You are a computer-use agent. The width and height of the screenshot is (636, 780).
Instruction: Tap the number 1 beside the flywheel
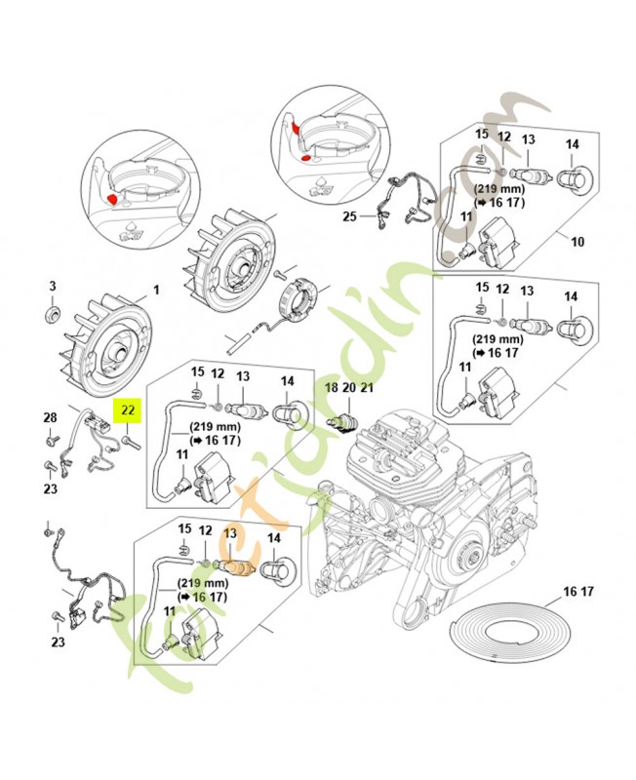point(153,291)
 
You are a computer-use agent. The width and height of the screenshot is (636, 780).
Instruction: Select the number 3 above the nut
point(55,286)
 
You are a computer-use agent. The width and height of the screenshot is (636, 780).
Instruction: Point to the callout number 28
point(50,418)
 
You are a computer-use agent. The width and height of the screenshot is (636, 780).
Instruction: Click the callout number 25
point(349,217)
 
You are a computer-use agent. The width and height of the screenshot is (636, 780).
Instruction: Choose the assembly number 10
point(576,241)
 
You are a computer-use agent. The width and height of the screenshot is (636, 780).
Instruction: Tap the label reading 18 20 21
point(349,388)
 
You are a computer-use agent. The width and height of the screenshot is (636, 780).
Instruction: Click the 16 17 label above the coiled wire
point(576,591)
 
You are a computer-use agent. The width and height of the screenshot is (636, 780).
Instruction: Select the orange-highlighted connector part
point(235,567)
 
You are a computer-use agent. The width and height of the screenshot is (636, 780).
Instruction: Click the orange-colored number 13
point(231,533)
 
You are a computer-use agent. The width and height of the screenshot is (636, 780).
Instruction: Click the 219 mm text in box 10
point(498,186)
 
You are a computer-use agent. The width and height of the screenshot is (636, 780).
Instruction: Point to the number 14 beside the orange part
point(273,536)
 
